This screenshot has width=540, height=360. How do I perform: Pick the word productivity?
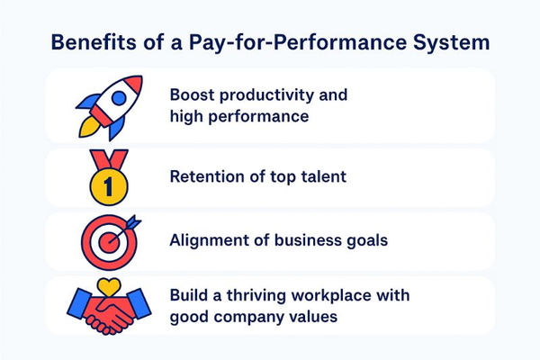266,94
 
